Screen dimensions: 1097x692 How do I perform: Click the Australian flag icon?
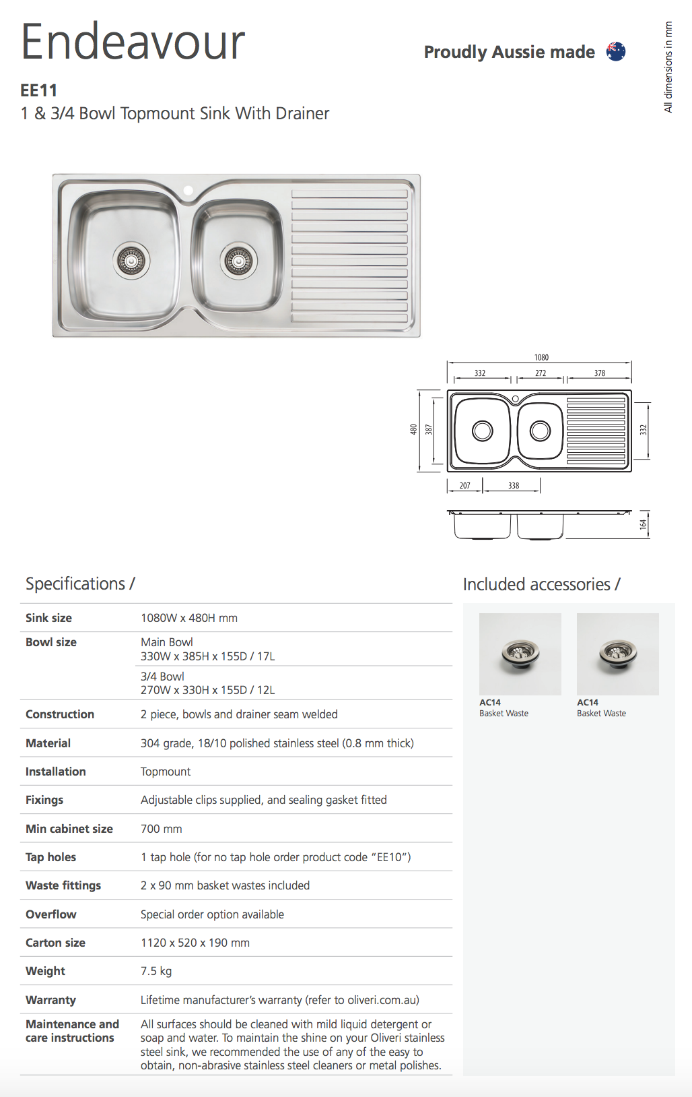pos(615,51)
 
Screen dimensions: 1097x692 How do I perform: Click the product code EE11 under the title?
pos(39,90)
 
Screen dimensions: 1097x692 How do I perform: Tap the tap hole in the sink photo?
pos(188,191)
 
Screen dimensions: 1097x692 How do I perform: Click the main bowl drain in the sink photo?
pos(131,260)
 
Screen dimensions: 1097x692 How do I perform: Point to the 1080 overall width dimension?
pos(541,357)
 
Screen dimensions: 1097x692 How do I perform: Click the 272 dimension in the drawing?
pos(541,373)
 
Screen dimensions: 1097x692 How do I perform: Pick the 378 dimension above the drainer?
pos(599,373)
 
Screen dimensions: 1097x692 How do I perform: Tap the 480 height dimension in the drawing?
pos(413,429)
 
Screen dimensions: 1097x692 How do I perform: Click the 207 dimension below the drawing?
pos(464,485)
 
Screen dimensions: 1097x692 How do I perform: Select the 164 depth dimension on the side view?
pos(643,524)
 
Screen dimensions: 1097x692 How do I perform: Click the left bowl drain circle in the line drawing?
pos(483,431)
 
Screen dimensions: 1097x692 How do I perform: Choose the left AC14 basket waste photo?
pos(520,654)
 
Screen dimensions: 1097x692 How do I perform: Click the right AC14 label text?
pos(588,702)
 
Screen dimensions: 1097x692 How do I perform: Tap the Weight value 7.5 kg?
pos(156,971)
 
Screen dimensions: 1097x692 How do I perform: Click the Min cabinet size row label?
pos(69,829)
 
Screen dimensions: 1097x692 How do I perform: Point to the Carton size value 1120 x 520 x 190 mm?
pos(195,943)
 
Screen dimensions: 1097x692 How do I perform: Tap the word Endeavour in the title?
pos(133,42)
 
